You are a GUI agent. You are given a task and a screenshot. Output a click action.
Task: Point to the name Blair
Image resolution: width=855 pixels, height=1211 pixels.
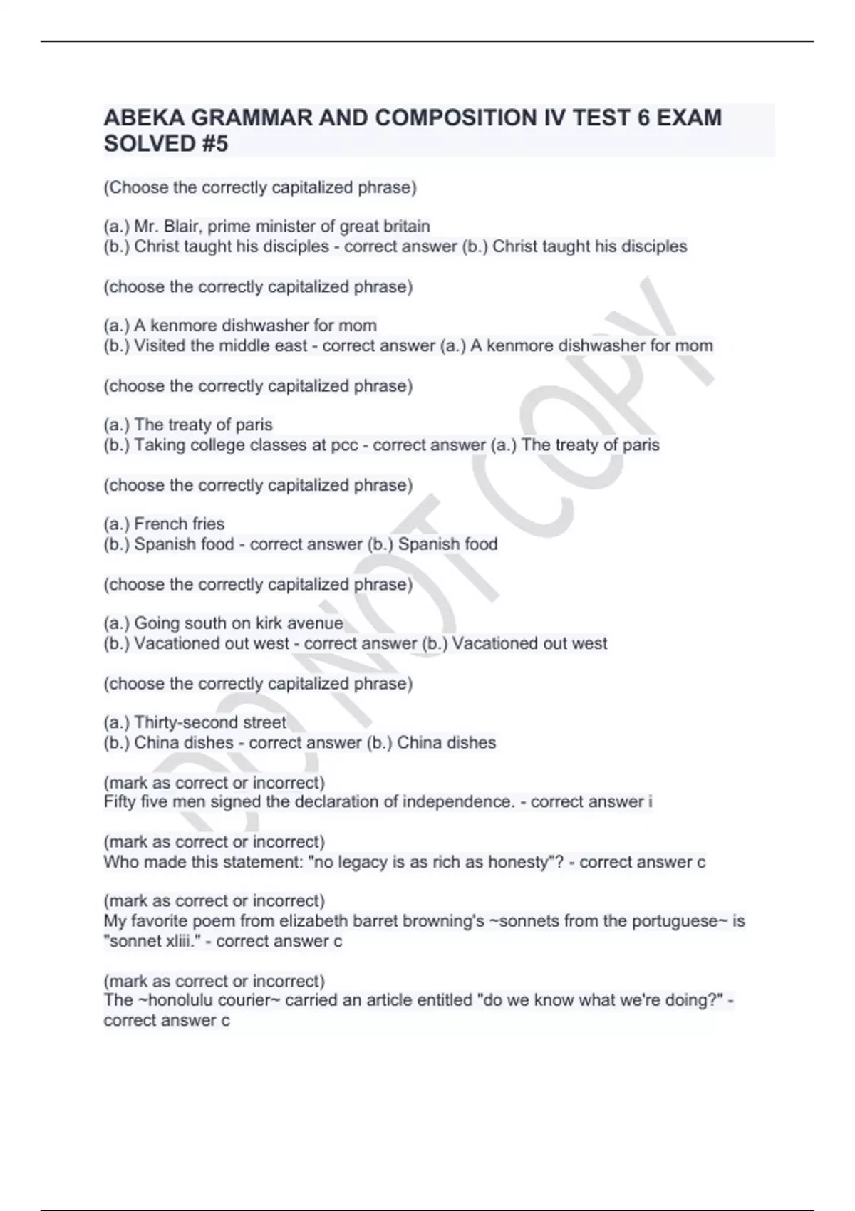point(182,227)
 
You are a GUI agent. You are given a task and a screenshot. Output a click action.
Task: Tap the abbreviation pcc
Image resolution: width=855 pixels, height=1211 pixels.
point(344,445)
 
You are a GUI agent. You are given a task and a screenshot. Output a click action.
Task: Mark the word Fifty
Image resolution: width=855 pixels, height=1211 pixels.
point(119,802)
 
